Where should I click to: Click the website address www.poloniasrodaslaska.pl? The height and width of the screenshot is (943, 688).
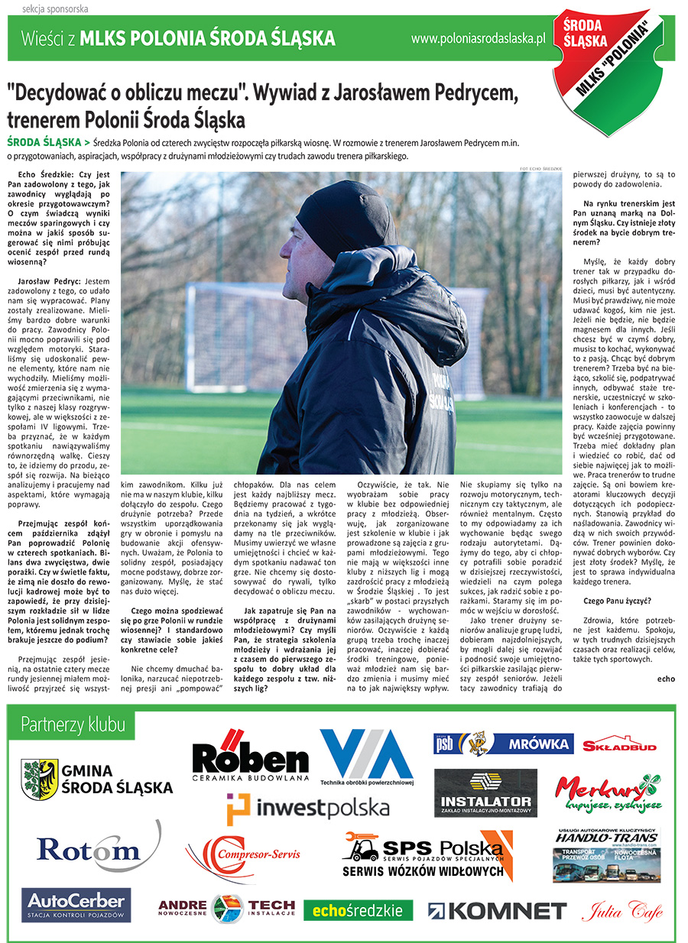(x=477, y=38)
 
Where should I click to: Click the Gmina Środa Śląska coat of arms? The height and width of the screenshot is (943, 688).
(x=40, y=778)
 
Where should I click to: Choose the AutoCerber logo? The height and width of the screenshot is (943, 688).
(x=76, y=905)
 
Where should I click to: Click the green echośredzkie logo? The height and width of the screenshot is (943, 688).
(x=358, y=910)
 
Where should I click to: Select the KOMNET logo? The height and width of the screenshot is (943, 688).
(x=497, y=910)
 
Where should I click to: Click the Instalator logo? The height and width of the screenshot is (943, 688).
(x=485, y=792)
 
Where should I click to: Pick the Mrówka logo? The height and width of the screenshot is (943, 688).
(x=503, y=743)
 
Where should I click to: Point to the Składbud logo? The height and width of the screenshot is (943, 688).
(x=618, y=746)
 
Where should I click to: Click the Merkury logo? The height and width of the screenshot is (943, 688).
(x=607, y=792)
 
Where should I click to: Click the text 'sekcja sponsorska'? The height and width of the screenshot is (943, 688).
(x=44, y=9)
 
